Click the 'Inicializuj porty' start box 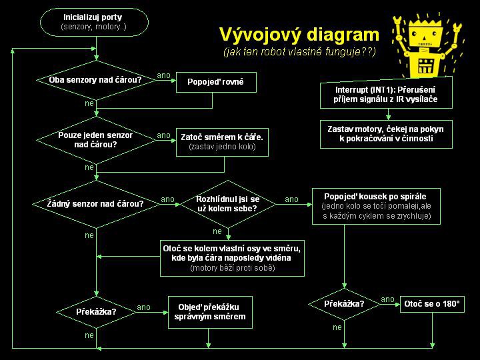coord(93,22)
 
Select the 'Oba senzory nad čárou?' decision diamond coord(95,80)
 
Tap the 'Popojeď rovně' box coord(215,82)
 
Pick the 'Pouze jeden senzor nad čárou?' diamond coord(95,139)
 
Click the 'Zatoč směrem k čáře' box coord(222,141)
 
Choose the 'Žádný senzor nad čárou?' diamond coord(95,203)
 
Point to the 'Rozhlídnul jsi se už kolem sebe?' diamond coord(227,203)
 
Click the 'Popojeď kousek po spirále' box coord(377,206)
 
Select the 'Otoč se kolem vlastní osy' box coord(232,258)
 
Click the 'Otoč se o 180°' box coord(431,304)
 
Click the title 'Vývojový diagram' coord(299,35)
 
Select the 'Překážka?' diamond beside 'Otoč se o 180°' coord(344,304)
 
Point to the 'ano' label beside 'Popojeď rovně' coord(163,75)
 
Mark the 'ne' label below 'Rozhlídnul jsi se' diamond coord(217,231)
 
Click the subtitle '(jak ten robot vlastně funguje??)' coord(299,52)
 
